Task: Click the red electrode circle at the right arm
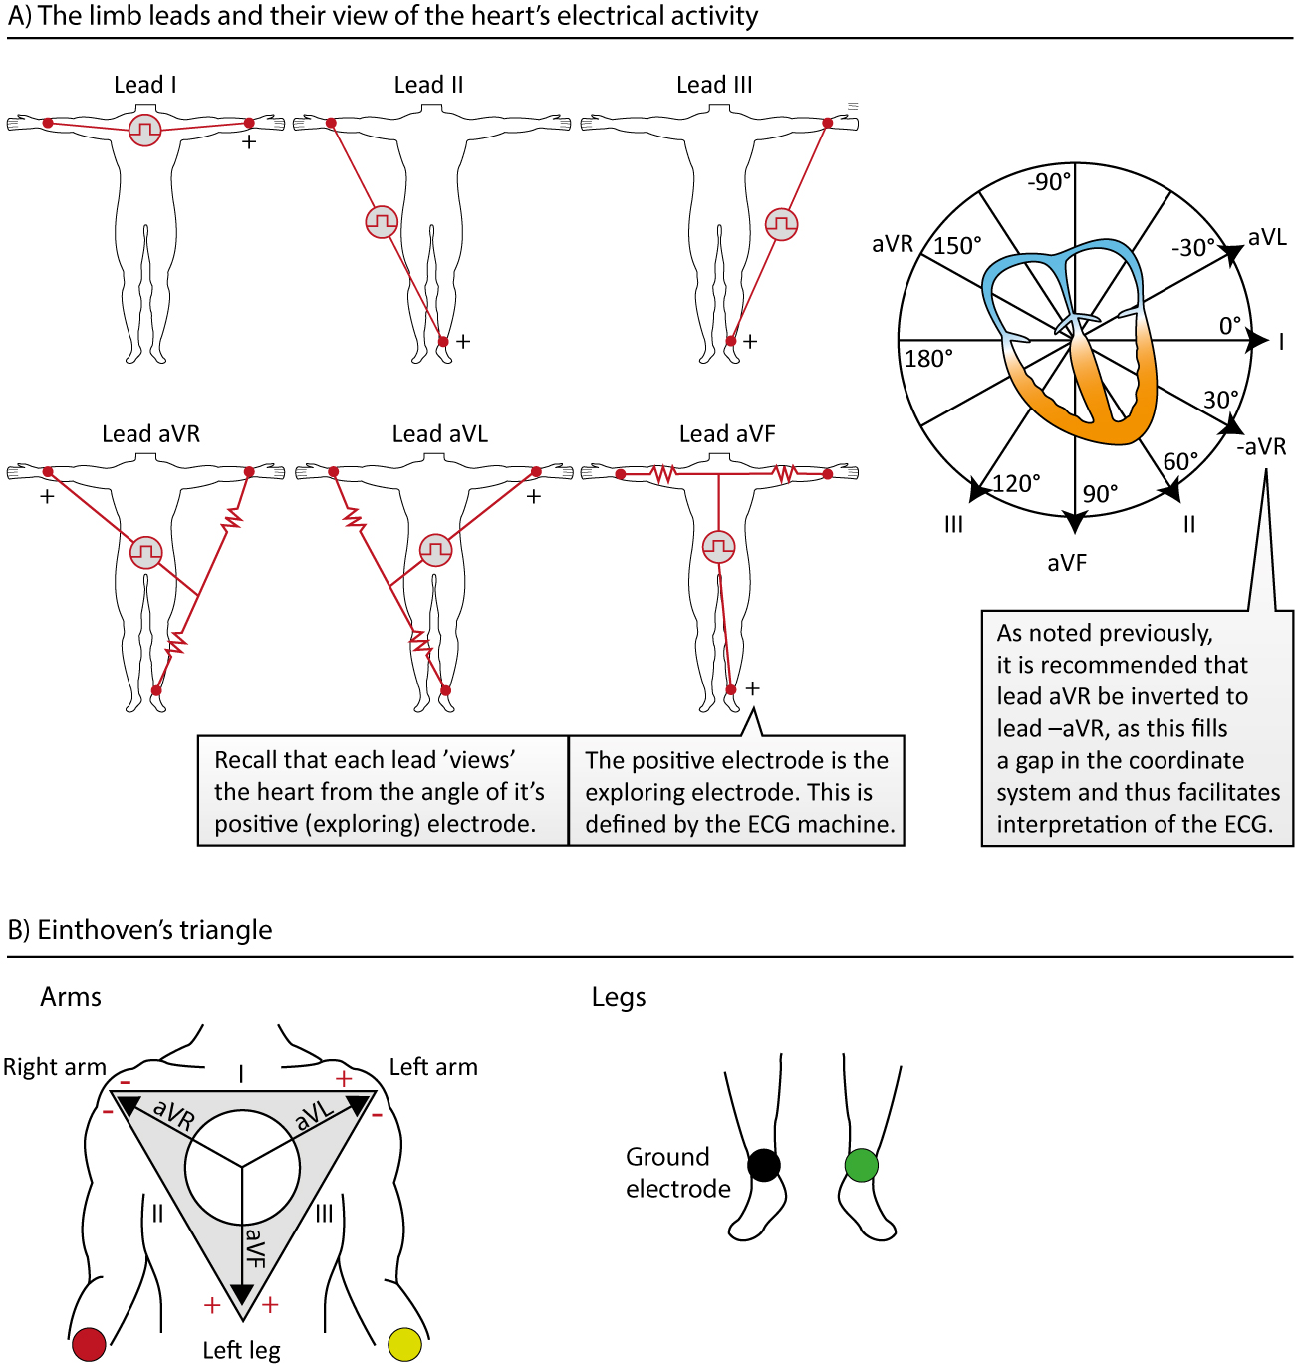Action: (x=89, y=1344)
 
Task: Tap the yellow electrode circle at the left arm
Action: (x=404, y=1344)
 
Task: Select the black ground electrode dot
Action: (x=764, y=1165)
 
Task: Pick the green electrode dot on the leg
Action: (x=861, y=1165)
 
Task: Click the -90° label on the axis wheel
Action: (x=1049, y=182)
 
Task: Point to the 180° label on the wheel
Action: (x=928, y=359)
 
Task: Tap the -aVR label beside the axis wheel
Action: (x=1261, y=446)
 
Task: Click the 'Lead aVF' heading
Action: (x=727, y=434)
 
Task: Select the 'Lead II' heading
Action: (x=428, y=86)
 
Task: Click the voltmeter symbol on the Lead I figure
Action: (x=145, y=131)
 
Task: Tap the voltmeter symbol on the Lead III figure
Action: (x=781, y=224)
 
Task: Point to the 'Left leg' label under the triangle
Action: (x=241, y=1350)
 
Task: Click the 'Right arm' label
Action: (x=55, y=1067)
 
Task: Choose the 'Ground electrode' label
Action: (x=677, y=1173)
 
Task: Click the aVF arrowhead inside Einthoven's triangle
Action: (x=242, y=1294)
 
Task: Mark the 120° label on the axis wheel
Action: (x=1016, y=484)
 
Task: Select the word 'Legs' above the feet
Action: (x=619, y=997)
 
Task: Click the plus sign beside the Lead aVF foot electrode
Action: (x=753, y=688)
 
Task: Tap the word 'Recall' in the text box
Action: (x=246, y=760)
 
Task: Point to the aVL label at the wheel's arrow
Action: (x=1267, y=237)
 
